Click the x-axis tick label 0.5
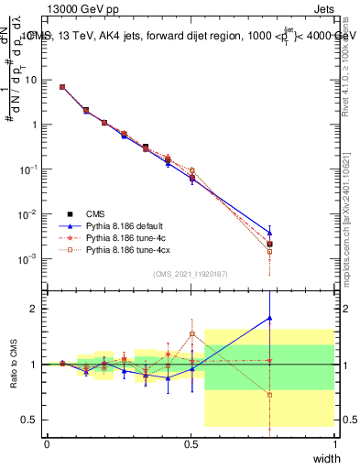click(191, 443)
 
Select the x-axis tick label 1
click(335, 443)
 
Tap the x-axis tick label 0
click(47, 443)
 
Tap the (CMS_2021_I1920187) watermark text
click(191, 274)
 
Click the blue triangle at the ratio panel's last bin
click(269, 318)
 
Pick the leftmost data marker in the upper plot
click(61, 87)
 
